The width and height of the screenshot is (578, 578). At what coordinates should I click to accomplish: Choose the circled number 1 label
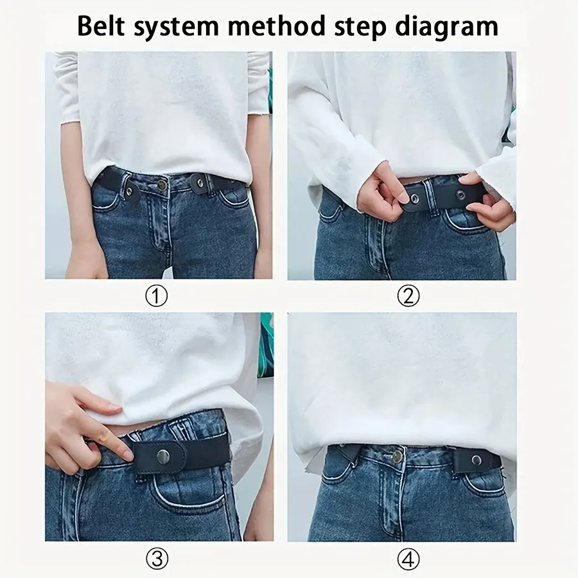156,296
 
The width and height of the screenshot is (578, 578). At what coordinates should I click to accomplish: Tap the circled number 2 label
408,296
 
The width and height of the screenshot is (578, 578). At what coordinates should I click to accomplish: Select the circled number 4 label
408,559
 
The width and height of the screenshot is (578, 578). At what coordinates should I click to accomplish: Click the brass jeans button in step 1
162,185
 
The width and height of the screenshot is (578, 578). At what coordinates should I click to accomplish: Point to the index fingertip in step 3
126,454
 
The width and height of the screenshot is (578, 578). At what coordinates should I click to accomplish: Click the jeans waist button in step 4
398,457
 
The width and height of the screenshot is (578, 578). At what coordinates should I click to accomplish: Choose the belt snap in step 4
477,459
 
